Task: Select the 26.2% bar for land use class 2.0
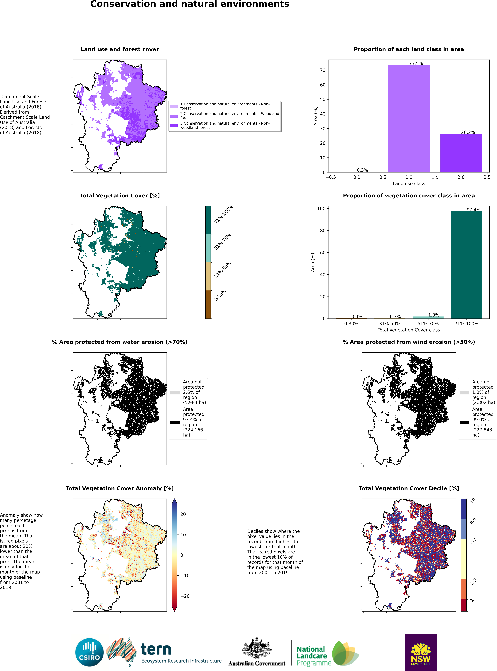(x=461, y=153)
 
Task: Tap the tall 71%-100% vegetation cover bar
(x=467, y=265)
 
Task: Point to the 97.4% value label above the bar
(x=474, y=210)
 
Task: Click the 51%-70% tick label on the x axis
(x=428, y=323)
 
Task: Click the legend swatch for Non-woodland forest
(x=174, y=126)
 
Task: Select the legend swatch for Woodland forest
(x=174, y=116)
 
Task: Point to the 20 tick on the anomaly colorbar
(x=183, y=514)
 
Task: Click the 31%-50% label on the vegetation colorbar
(x=223, y=270)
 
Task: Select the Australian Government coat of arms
(x=257, y=648)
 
